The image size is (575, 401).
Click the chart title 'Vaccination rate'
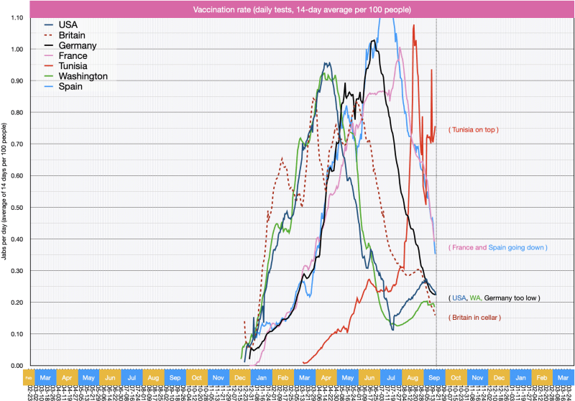tap(287, 9)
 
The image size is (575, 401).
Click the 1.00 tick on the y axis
tap(15, 49)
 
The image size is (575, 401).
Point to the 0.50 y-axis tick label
tap(15, 207)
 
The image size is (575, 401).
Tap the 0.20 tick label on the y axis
tap(15, 302)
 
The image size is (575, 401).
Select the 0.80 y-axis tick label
tap(15, 112)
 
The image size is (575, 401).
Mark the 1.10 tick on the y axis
tap(15, 17)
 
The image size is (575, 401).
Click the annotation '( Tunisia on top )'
tap(474, 129)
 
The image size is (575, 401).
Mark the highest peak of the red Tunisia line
tap(413, 26)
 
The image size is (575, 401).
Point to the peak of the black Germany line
tap(373, 41)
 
